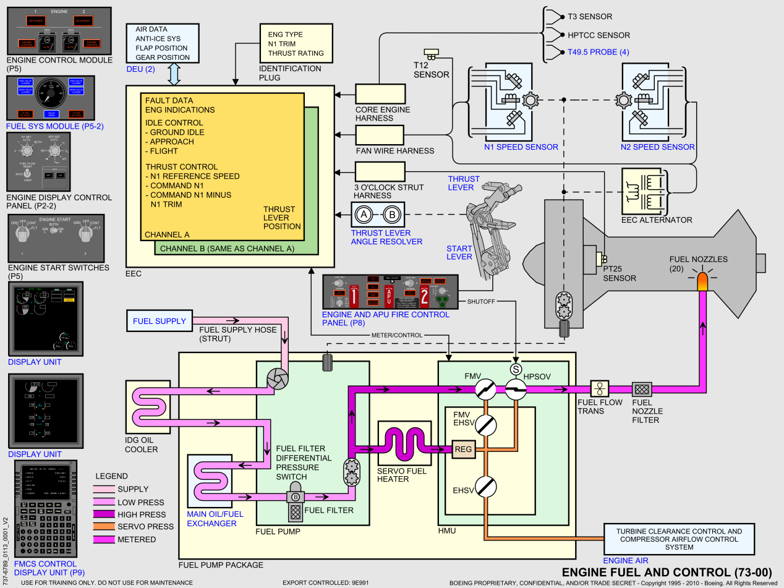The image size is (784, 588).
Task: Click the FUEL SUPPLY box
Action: [x=159, y=321]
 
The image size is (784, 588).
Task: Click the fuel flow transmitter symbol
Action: [x=599, y=389]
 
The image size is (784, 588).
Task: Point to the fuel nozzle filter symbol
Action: [x=641, y=389]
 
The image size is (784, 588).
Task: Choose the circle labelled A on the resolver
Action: [x=364, y=215]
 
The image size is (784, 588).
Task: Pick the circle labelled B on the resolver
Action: [x=391, y=215]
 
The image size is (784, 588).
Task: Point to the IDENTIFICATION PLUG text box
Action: [x=296, y=45]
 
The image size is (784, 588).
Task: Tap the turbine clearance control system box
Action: [x=679, y=539]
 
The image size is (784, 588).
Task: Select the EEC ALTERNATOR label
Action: [x=657, y=219]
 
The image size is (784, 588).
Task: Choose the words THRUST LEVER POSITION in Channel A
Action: [x=282, y=218]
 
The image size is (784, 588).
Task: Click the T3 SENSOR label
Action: [x=590, y=16]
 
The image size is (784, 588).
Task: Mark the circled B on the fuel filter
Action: [x=295, y=496]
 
